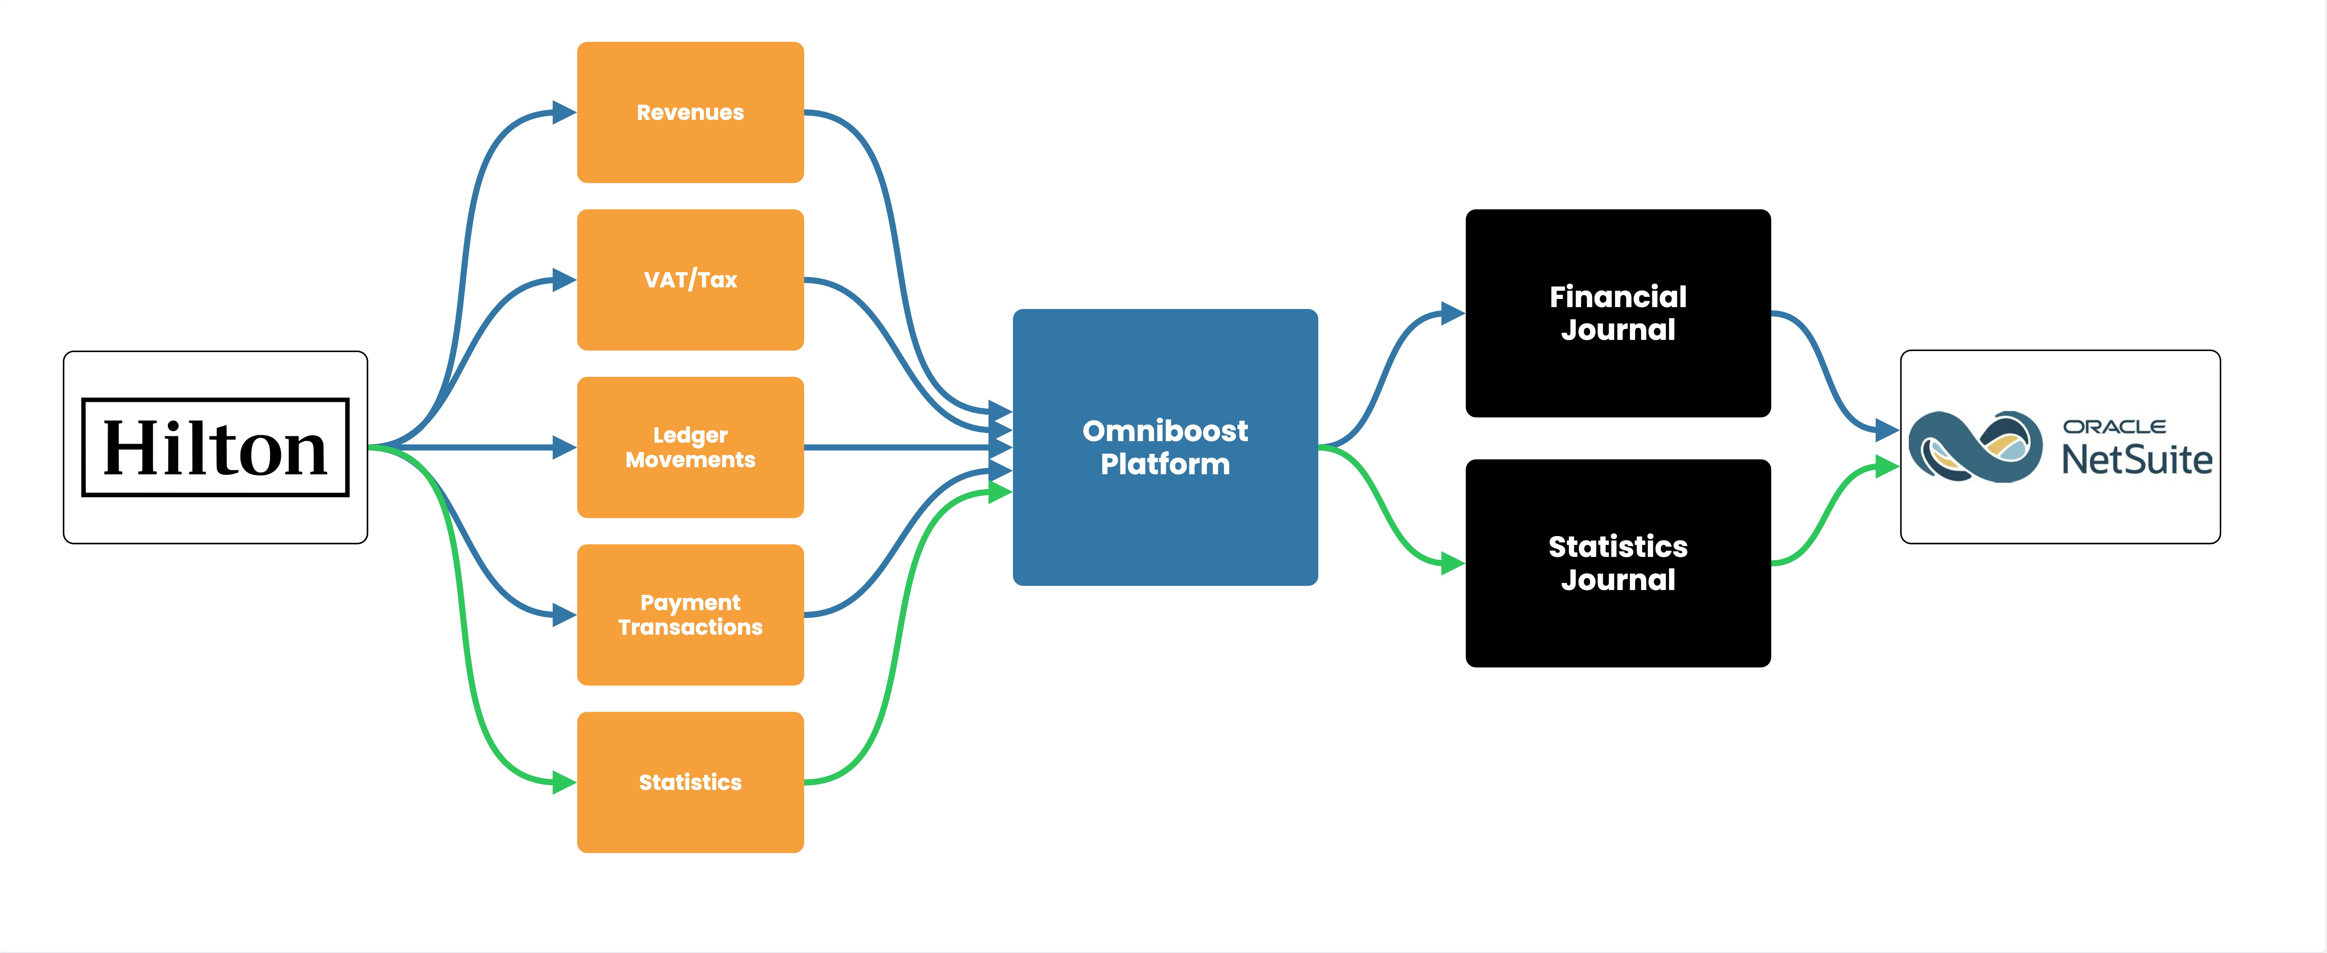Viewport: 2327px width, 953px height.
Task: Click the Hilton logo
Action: pyautogui.click(x=215, y=447)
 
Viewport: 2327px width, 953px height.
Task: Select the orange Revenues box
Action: pyautogui.click(x=690, y=112)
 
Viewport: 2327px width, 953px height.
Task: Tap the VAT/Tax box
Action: pyautogui.click(x=690, y=280)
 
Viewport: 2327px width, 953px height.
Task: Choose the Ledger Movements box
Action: pyautogui.click(x=690, y=447)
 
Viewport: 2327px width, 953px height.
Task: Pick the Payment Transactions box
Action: pyautogui.click(x=690, y=615)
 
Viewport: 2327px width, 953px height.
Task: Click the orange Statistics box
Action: pyautogui.click(x=690, y=782)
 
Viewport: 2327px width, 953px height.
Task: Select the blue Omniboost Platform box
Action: pyautogui.click(x=1165, y=447)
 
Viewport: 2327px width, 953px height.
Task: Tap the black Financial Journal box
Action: pyautogui.click(x=1618, y=313)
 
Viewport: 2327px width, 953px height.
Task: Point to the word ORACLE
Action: pyautogui.click(x=2114, y=426)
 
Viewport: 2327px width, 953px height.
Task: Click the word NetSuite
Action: pyautogui.click(x=2136, y=460)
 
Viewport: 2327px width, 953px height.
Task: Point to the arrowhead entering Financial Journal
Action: pyautogui.click(x=1453, y=313)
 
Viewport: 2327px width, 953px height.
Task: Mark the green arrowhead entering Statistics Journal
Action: pyautogui.click(x=1453, y=564)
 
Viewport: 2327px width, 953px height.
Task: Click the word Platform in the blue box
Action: pyautogui.click(x=1165, y=464)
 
